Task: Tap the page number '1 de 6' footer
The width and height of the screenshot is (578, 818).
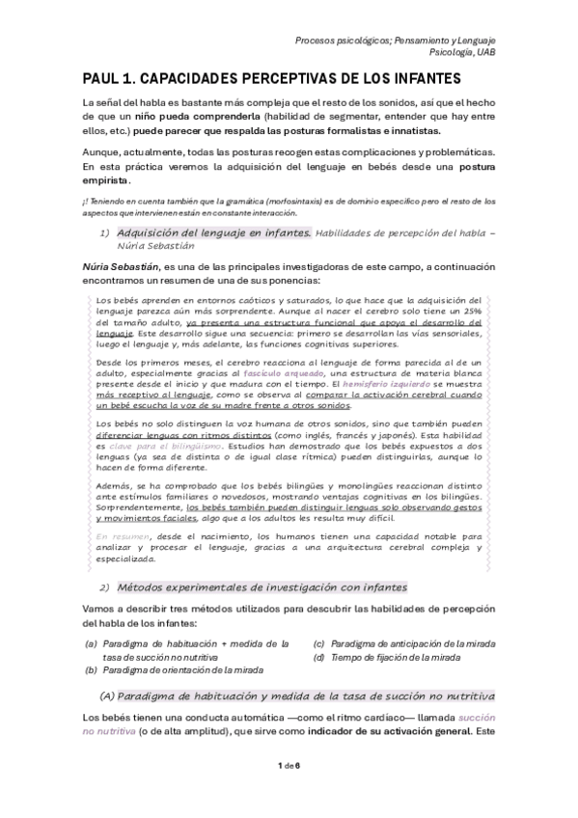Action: [289, 792]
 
